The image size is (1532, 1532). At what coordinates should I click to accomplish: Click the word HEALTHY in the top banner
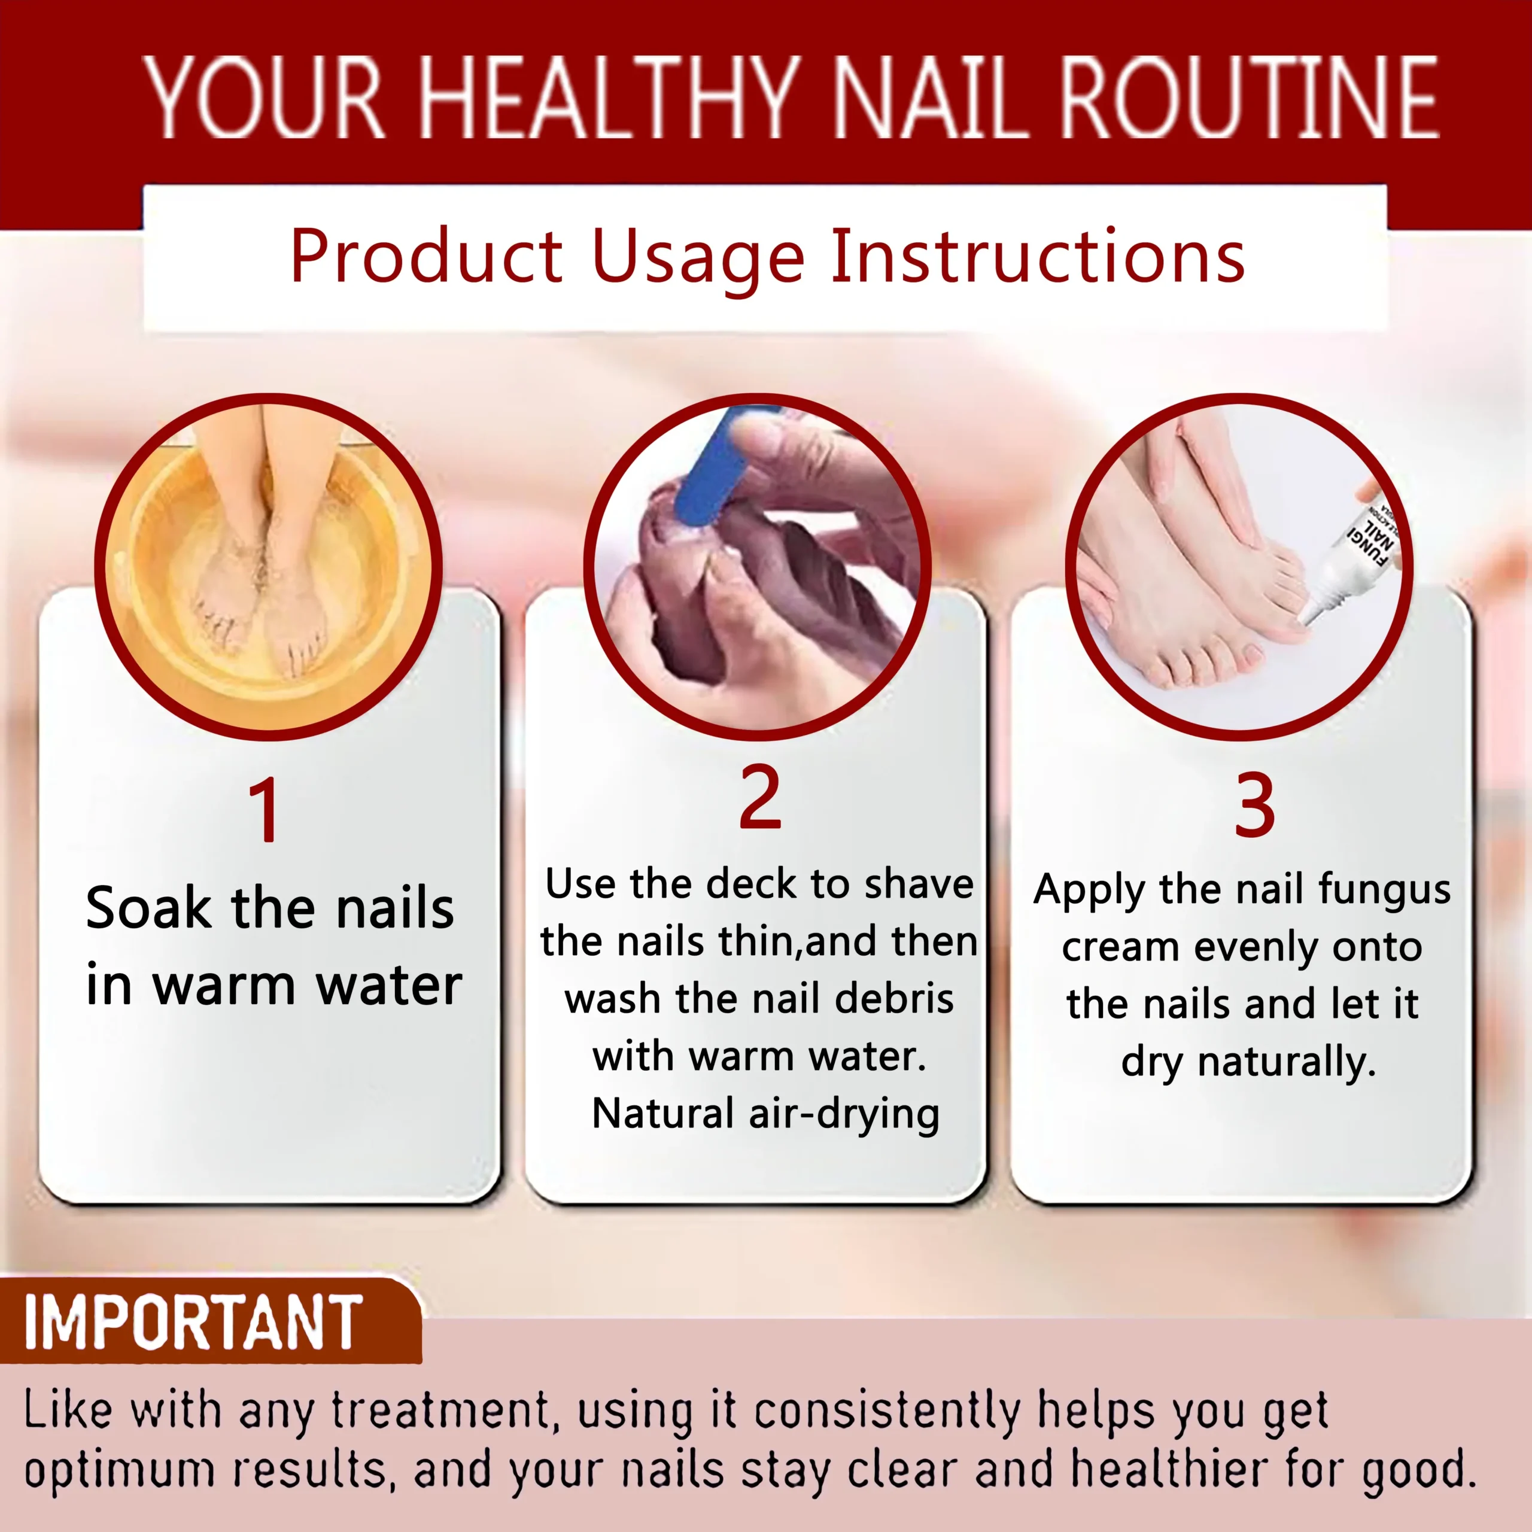coord(607,98)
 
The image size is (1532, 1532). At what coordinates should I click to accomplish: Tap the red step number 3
coord(1254,804)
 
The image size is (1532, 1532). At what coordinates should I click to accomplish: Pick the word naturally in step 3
coord(1286,1063)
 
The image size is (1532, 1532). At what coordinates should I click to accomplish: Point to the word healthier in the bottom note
coord(1169,1469)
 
